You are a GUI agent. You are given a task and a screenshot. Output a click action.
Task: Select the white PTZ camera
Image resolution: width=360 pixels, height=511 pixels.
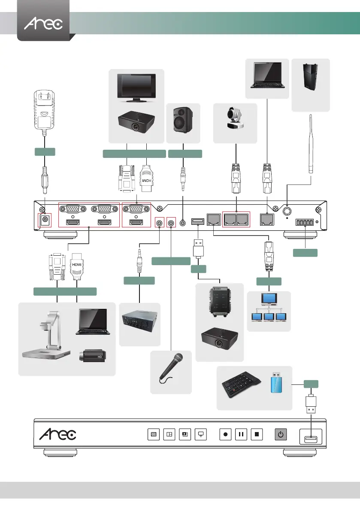[x=235, y=119]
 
